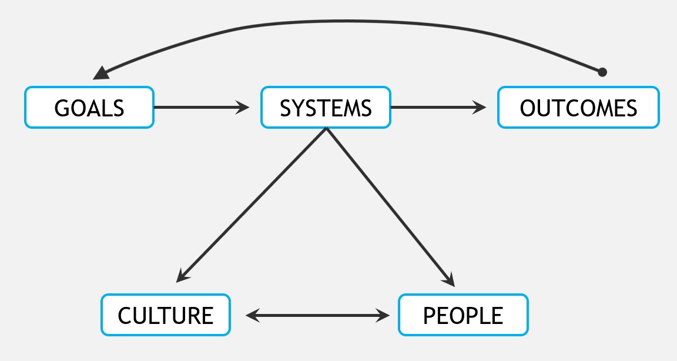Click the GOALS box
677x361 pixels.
[89, 108]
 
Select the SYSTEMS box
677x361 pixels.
[326, 108]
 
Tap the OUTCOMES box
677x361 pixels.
[578, 108]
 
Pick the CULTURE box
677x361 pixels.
[166, 315]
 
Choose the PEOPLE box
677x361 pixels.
[463, 315]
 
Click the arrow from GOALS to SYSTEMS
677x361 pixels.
[200, 108]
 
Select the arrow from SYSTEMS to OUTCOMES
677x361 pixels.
[438, 108]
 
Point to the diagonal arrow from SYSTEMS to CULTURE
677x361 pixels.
[253, 203]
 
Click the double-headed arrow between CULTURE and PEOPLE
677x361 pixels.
[317, 316]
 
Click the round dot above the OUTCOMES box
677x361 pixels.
[602, 72]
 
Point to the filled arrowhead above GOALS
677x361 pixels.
[101, 72]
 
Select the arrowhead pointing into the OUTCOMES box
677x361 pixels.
[481, 108]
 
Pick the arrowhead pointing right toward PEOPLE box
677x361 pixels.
[383, 316]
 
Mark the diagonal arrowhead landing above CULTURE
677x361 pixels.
[182, 275]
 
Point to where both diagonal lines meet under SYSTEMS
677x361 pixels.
[326, 129]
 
